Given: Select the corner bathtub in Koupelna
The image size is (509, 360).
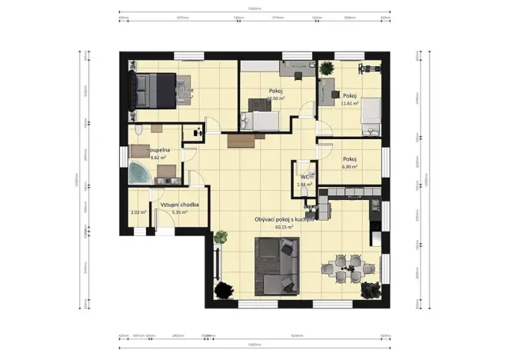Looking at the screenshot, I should click(141, 173).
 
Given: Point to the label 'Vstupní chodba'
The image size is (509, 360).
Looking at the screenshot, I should click(181, 205).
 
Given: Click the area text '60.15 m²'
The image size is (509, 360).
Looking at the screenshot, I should click(284, 228).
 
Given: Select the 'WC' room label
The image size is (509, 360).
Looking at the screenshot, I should click(304, 177).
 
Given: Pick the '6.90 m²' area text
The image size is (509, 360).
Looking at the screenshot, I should click(351, 166).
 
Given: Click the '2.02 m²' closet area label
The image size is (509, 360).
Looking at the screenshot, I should click(138, 213).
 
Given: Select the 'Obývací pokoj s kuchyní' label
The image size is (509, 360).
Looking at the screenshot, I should click(284, 219).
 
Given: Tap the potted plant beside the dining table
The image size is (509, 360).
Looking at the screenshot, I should click(372, 290).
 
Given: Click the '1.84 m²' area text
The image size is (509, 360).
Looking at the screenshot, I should click(304, 185).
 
